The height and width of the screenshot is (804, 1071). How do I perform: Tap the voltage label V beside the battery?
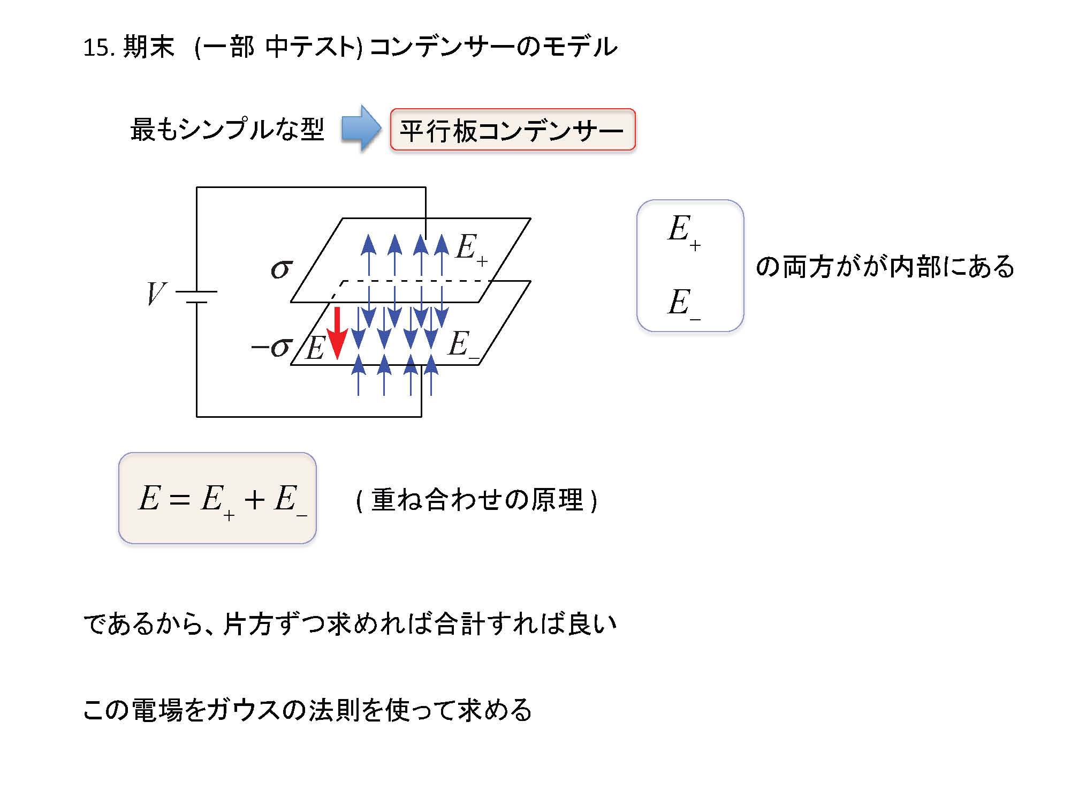156,294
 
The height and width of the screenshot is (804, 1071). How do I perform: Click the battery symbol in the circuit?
196,297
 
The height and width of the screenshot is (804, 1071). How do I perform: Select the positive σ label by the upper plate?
282,268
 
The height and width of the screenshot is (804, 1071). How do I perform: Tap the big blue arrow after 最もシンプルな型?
361,129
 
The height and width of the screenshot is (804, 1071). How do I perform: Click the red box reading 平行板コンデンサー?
512,130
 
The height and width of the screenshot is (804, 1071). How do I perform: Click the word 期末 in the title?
149,47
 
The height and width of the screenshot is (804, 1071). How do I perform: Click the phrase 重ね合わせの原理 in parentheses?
476,500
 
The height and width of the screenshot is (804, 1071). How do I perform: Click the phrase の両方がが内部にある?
884,267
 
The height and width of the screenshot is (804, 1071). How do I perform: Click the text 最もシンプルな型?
227,130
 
